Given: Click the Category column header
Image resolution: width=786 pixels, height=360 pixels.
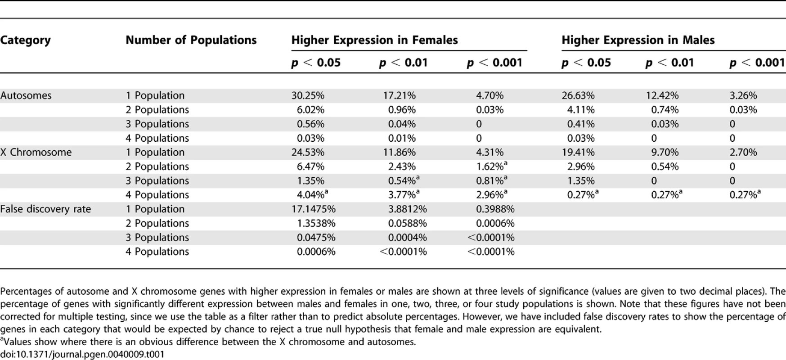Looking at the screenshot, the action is (25, 40).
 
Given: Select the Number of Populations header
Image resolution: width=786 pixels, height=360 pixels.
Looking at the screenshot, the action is (191, 40).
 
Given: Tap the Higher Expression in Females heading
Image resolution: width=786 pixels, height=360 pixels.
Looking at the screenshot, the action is (374, 40).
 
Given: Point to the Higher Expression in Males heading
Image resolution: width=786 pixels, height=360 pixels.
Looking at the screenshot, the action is (638, 40).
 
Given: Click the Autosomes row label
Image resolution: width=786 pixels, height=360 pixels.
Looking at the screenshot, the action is (26, 95).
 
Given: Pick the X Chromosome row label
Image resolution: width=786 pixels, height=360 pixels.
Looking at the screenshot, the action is (36, 152).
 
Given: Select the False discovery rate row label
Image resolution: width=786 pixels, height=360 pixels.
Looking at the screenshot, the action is (45, 209).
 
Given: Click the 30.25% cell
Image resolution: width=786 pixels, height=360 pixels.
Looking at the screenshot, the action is (308, 95).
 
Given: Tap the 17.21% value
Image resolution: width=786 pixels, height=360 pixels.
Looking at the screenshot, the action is (400, 95).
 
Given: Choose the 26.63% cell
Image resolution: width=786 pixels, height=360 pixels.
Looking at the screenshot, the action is (578, 95).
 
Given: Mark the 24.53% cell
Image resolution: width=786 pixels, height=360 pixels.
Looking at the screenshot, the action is (308, 152).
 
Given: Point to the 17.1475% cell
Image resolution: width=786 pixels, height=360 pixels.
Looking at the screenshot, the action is (314, 209).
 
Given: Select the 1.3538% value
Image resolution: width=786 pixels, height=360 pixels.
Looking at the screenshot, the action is (316, 223).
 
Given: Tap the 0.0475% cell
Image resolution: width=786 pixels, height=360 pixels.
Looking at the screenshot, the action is (316, 237).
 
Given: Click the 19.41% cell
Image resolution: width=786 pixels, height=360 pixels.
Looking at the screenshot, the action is (578, 152).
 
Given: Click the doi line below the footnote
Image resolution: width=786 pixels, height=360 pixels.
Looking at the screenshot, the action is (82, 354).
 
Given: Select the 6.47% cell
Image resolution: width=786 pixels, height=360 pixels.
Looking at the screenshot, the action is (310, 166).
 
